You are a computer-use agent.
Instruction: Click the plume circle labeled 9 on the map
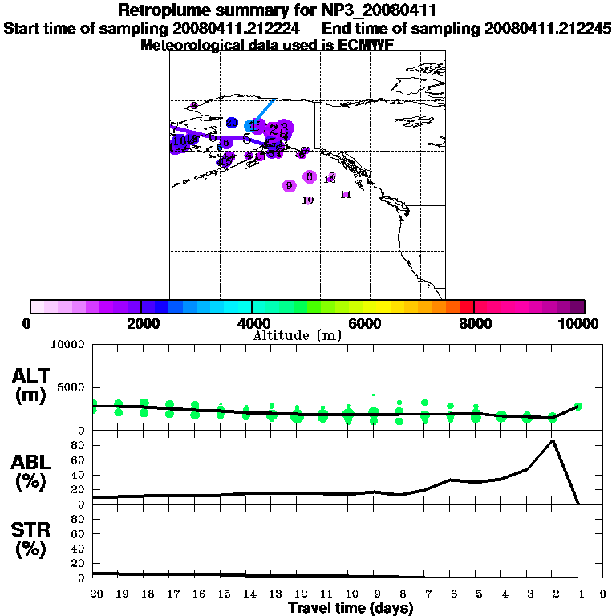coord(289,186)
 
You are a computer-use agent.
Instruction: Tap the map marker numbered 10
coord(308,200)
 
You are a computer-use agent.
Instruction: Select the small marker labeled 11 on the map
coord(346,195)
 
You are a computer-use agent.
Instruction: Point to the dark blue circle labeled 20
coord(232,123)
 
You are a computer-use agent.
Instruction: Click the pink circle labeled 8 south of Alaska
coord(309,176)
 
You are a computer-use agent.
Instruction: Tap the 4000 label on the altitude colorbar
coord(253,323)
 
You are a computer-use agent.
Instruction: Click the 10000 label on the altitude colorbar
coord(579,323)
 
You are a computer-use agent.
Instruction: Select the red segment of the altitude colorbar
coord(466,306)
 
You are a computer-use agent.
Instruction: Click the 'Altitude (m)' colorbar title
coord(297,335)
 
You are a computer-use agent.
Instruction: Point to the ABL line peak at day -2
coord(552,440)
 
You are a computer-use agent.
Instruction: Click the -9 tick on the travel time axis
coord(374,594)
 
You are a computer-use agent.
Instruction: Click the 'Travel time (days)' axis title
coord(351,609)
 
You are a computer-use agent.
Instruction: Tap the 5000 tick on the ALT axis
coord(71,387)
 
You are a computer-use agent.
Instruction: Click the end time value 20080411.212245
coord(548,29)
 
